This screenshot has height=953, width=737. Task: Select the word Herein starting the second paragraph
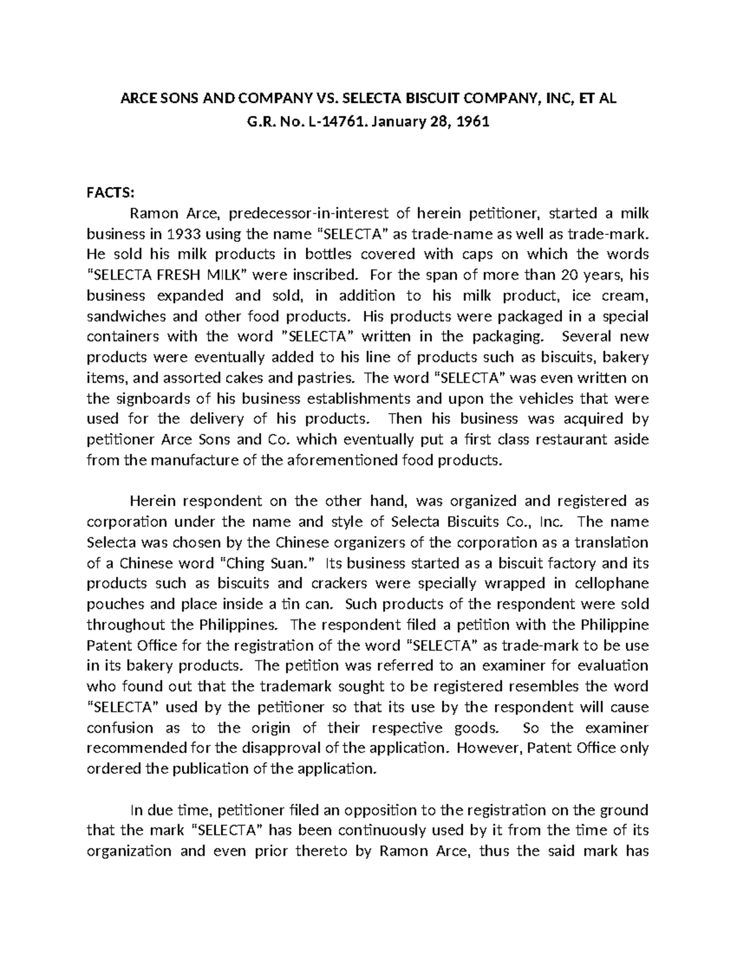point(150,501)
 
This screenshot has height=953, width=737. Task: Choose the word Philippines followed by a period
point(241,625)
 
